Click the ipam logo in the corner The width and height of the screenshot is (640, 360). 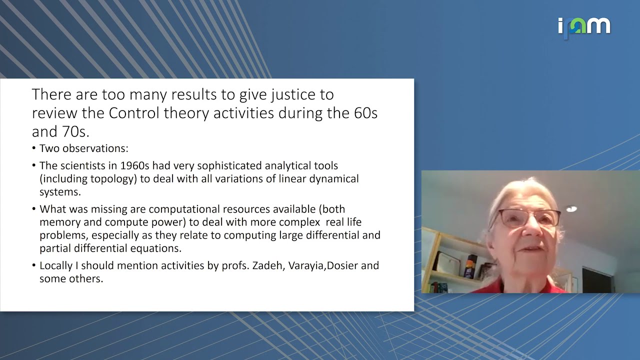point(584,26)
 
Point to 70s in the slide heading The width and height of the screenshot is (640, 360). point(75,131)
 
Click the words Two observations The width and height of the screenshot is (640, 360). point(84,148)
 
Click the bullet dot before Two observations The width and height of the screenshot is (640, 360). point(34,149)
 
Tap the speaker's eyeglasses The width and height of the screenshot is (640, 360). point(529,218)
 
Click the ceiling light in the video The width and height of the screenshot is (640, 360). point(571,209)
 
